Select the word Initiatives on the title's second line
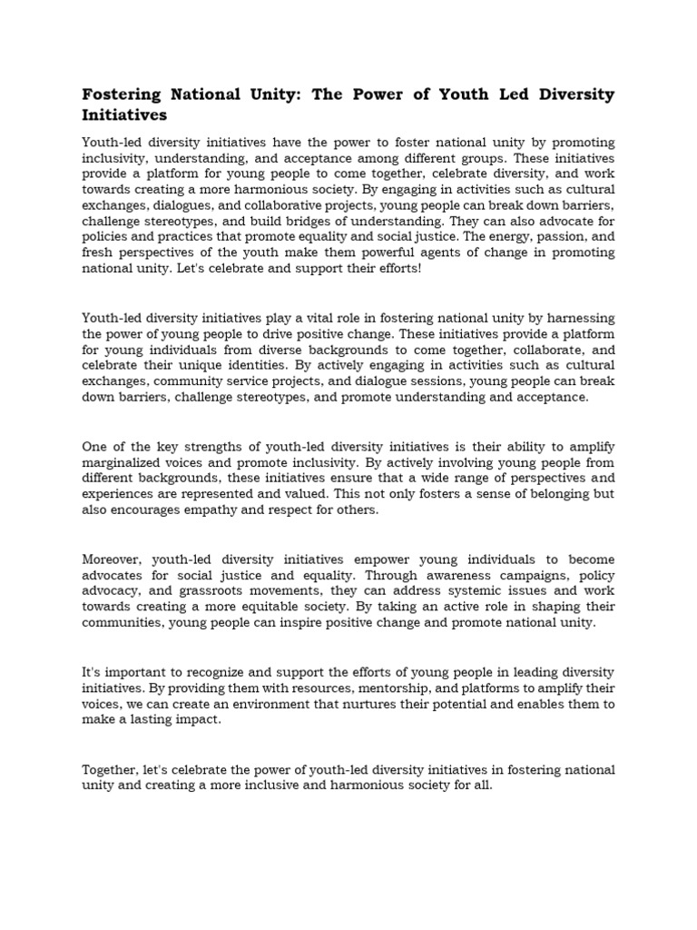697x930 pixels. point(125,116)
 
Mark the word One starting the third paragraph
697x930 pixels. point(95,446)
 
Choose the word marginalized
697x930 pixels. point(126,462)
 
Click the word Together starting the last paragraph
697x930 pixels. point(112,769)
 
